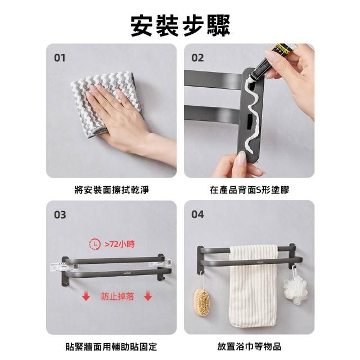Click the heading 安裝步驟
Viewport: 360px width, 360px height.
[x=180, y=25]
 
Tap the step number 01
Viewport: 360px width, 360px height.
[x=60, y=58]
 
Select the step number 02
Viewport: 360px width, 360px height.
[x=197, y=58]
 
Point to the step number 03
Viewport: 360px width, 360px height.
[x=60, y=215]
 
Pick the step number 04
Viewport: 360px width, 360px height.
[x=197, y=214]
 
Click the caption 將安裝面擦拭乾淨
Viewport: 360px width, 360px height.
[x=111, y=190]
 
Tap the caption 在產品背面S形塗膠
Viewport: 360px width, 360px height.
[x=249, y=190]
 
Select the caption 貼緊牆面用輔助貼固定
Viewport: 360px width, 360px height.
[x=111, y=346]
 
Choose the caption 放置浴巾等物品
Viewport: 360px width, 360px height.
[x=249, y=346]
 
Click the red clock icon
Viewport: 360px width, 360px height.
[x=95, y=244]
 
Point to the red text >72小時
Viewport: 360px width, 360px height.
[x=120, y=244]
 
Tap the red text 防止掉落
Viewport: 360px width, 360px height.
[x=118, y=296]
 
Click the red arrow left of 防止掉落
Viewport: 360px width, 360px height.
[x=86, y=295]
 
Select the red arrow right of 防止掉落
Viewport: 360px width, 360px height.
[x=148, y=295]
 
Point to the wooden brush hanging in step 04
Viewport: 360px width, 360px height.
[x=201, y=303]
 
